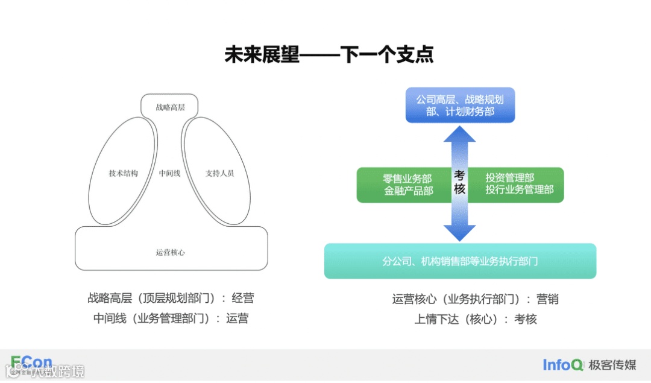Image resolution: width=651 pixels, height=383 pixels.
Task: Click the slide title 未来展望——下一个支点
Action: pyautogui.click(x=329, y=55)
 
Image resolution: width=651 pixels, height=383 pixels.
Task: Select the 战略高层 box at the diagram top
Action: pyautogui.click(x=170, y=107)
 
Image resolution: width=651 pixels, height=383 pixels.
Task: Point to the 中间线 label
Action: pyautogui.click(x=170, y=173)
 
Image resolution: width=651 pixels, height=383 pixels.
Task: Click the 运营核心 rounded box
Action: pyautogui.click(x=171, y=252)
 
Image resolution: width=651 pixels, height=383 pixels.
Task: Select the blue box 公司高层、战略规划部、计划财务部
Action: pyautogui.click(x=460, y=106)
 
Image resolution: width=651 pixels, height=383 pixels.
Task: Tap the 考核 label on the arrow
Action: pyautogui.click(x=460, y=182)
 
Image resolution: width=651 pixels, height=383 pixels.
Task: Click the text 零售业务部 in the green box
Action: pyautogui.click(x=407, y=179)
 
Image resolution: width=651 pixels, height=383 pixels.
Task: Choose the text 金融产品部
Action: pyautogui.click(x=408, y=191)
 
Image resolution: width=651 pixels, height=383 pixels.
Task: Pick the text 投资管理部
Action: pyautogui.click(x=510, y=178)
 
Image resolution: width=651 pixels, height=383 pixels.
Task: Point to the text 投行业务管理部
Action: pyautogui.click(x=519, y=190)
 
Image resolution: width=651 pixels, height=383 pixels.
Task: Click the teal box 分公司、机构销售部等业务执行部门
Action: pyautogui.click(x=460, y=261)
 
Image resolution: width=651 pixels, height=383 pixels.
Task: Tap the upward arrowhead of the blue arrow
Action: pyautogui.click(x=460, y=134)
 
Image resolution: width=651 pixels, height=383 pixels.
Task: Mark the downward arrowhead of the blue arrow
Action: pyautogui.click(x=460, y=232)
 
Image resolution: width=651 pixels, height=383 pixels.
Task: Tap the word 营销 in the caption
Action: pyautogui.click(x=548, y=299)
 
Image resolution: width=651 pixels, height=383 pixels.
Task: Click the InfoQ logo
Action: pyautogui.click(x=562, y=364)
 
